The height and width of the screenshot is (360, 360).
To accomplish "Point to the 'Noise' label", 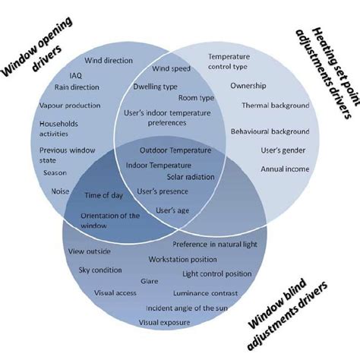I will click(61, 191).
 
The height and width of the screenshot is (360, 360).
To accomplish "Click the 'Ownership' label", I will click(248, 86).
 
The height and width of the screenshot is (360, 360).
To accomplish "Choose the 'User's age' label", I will click(172, 210).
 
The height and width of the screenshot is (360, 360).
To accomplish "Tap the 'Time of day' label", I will click(103, 195).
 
